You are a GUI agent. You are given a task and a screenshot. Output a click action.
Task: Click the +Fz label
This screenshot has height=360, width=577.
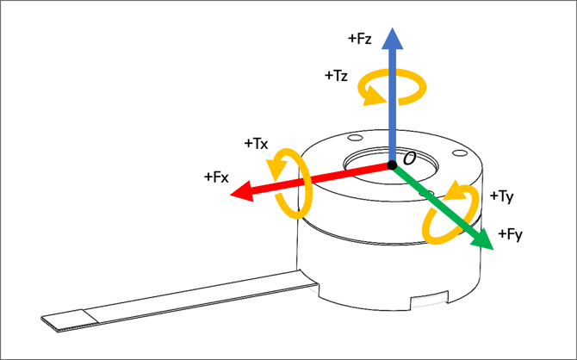tap(359, 39)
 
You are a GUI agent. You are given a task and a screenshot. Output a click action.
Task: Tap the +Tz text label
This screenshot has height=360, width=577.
tap(336, 76)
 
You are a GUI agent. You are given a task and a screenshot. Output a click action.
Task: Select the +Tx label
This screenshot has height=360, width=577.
tap(256, 144)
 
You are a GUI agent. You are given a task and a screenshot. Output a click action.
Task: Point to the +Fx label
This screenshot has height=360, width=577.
tap(216, 177)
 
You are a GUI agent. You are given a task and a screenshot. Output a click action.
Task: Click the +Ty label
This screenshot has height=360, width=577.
tap(501, 196)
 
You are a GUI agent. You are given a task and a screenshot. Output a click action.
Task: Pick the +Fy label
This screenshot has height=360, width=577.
tap(510, 234)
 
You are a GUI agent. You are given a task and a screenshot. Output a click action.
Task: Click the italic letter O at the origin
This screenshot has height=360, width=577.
tap(409, 158)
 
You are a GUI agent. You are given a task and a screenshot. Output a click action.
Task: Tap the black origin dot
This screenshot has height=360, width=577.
tap(392, 165)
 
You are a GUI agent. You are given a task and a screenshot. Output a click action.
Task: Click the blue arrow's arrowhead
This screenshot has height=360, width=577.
tap(392, 38)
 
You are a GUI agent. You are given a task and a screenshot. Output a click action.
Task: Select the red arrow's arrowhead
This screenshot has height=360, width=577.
tap(242, 191)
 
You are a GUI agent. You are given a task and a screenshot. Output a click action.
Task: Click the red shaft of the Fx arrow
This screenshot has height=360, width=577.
tap(320, 177)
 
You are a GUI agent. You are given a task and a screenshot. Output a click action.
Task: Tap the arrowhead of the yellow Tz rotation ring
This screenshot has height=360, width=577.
tap(375, 95)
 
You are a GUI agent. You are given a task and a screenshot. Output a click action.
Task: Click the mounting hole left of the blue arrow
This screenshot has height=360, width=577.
tap(356, 138)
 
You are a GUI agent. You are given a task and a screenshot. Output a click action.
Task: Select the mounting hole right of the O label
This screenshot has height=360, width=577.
tap(460, 152)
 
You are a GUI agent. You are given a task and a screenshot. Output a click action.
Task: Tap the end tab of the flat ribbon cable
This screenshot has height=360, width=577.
tap(70, 320)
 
